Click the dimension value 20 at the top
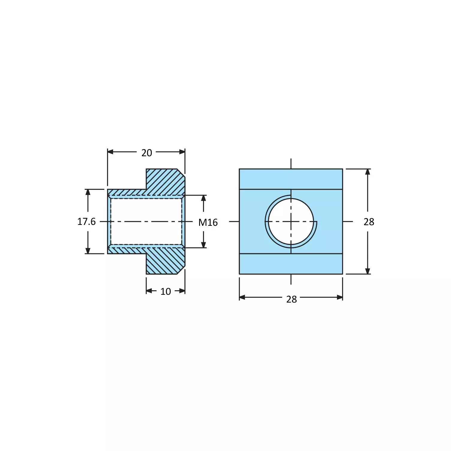(x=147, y=153)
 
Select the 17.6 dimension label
(x=86, y=222)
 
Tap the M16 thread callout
(x=208, y=223)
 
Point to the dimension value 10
(x=166, y=291)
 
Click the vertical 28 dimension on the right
(x=369, y=222)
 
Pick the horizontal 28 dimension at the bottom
(x=291, y=299)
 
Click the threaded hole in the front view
(x=291, y=222)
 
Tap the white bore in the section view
(x=146, y=222)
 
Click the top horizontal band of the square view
(x=291, y=179)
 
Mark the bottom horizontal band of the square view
(x=291, y=264)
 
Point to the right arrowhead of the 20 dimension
(x=182, y=152)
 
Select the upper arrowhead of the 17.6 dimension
(x=88, y=192)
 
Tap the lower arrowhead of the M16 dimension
(x=204, y=245)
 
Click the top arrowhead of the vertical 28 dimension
(x=368, y=172)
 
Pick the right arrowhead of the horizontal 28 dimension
(x=339, y=297)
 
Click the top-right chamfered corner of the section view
(x=181, y=173)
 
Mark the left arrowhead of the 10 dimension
(x=149, y=291)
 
